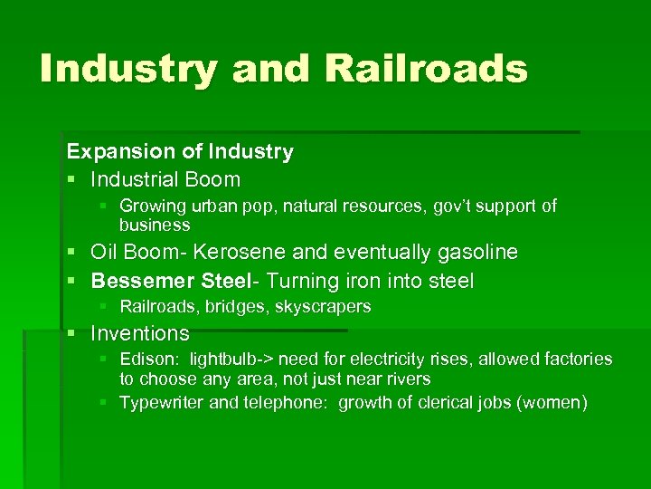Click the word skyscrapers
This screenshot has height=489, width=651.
point(327,307)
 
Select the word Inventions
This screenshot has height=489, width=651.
point(140,333)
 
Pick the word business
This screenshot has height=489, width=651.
point(155,225)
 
